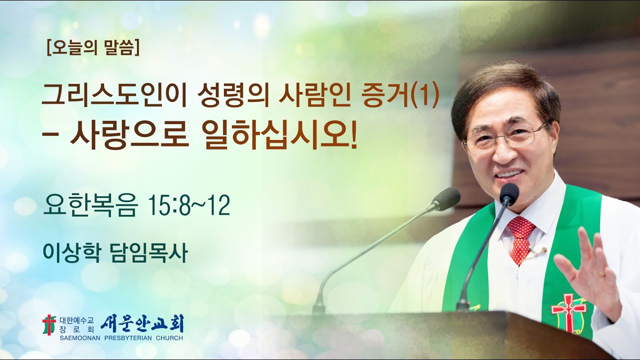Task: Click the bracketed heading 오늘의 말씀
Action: pos(92,49)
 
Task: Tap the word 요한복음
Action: pos(89,206)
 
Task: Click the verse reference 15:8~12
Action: pos(189,206)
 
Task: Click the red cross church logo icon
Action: pos(48,325)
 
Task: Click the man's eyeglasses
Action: pos(505,137)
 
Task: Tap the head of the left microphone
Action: pos(446,198)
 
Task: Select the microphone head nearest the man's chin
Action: pos(509,193)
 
